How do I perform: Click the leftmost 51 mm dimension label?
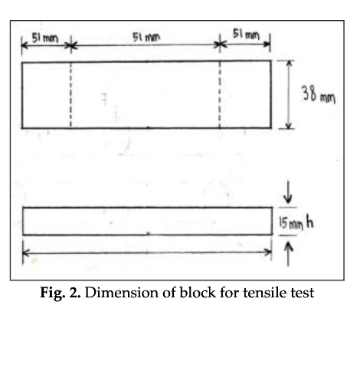pyautogui.click(x=45, y=38)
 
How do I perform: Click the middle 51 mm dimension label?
pyautogui.click(x=146, y=38)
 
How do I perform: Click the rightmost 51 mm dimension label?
pyautogui.click(x=246, y=34)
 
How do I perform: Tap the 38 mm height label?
pyautogui.click(x=318, y=94)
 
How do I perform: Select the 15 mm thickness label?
pyautogui.click(x=291, y=224)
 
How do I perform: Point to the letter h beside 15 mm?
pyautogui.click(x=309, y=222)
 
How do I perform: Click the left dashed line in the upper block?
pyautogui.click(x=70, y=95)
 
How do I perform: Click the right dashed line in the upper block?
pyautogui.click(x=220, y=94)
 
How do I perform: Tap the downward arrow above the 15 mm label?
pyautogui.click(x=288, y=192)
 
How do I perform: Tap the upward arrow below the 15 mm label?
pyautogui.click(x=288, y=254)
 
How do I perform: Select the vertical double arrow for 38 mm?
pyautogui.click(x=289, y=95)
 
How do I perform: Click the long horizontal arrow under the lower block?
pyautogui.click(x=147, y=252)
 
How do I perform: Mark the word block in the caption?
pyautogui.click(x=198, y=293)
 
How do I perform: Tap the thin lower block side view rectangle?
pyautogui.click(x=147, y=221)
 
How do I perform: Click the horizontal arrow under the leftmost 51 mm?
pyautogui.click(x=46, y=46)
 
